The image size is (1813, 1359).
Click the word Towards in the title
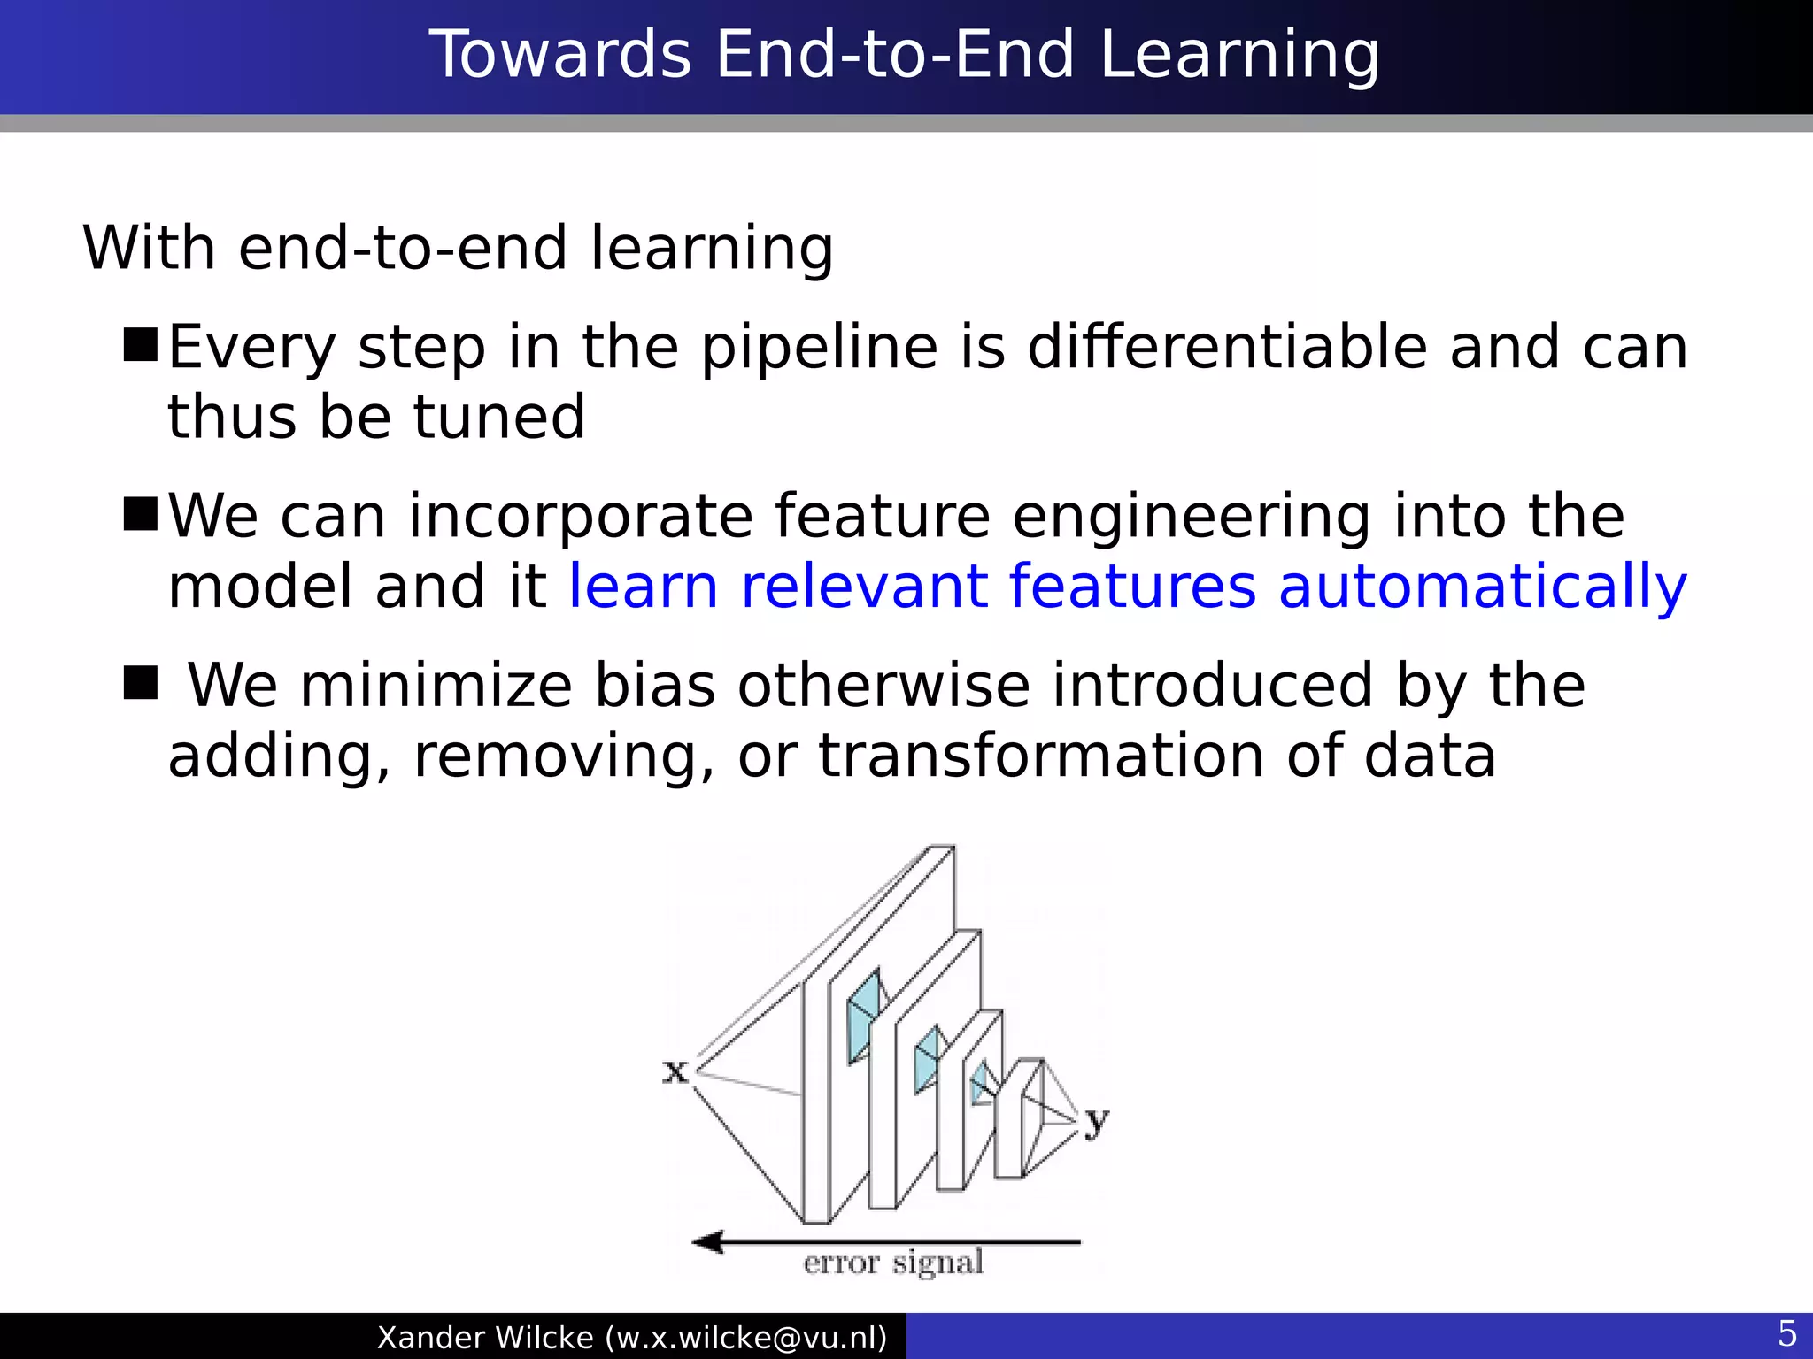pos(559,55)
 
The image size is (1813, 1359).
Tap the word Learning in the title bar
pos(1239,55)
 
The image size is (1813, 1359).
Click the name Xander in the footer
pos(428,1338)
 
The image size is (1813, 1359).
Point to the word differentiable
pos(1227,347)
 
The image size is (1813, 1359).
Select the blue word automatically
pos(1483,587)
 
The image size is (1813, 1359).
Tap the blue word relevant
pos(864,587)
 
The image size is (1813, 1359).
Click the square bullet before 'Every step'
pos(140,345)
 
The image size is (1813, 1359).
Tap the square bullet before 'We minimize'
pos(140,683)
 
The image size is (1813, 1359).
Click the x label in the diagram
pos(675,1071)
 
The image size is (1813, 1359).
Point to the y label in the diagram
pos(1096,1120)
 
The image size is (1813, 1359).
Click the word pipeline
pos(820,347)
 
